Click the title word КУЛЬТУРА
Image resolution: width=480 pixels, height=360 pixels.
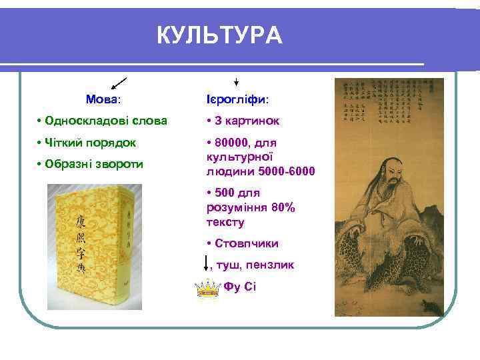(x=219, y=35)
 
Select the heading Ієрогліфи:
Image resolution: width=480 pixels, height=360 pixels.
(x=238, y=99)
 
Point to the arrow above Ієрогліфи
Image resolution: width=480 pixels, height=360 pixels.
(x=237, y=81)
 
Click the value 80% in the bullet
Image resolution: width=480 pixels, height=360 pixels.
(x=282, y=208)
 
